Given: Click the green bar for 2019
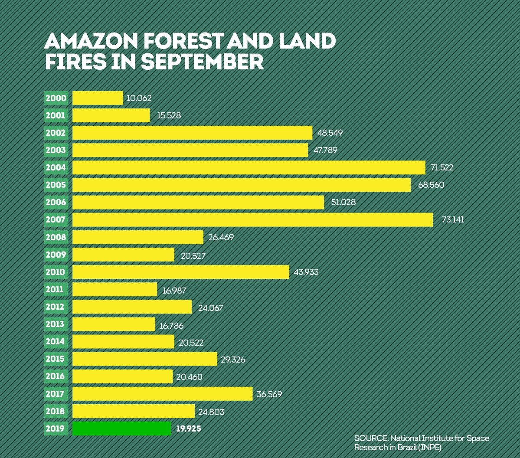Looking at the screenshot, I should click(121, 429).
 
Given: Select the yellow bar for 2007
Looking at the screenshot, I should click(252, 219).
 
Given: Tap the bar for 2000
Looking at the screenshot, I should click(98, 98).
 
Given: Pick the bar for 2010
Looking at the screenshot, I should click(180, 272).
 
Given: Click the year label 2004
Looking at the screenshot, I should click(56, 167).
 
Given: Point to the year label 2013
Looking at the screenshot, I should click(56, 324).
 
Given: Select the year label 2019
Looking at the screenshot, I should click(56, 429).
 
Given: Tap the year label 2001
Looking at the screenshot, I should click(56, 115).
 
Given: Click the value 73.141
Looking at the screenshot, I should click(452, 219).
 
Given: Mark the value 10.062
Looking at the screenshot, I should click(139, 98).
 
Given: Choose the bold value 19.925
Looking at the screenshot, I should click(189, 429).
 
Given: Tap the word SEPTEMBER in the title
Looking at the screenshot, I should click(202, 62).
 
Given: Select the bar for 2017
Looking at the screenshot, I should click(162, 394).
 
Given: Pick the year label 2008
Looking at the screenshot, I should click(56, 237).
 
